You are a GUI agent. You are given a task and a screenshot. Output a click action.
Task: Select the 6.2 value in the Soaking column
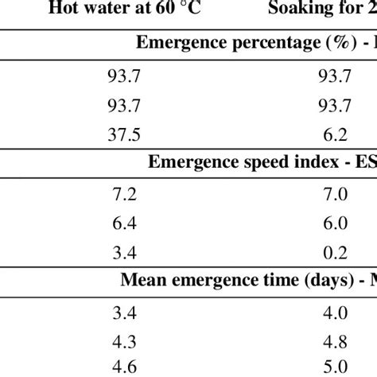(334, 134)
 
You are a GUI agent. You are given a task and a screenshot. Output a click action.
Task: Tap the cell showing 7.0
(334, 193)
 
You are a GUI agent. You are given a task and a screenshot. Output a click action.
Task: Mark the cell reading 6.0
(334, 223)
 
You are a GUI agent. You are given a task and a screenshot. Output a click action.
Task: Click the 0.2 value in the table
(334, 252)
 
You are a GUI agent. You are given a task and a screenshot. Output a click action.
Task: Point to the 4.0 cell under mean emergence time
(334, 313)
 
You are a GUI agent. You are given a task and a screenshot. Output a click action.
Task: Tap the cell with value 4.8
(334, 341)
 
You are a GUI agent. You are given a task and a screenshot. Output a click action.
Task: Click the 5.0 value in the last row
(334, 368)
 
